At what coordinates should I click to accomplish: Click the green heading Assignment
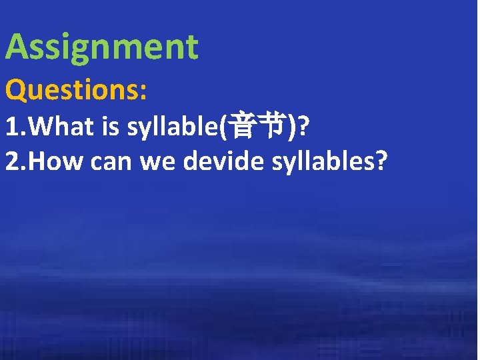(x=102, y=48)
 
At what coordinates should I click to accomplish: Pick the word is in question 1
(x=111, y=127)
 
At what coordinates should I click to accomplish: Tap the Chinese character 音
(x=241, y=127)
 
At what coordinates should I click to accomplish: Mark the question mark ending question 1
(x=303, y=127)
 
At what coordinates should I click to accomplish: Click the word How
(x=54, y=161)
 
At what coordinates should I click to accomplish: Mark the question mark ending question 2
(x=381, y=161)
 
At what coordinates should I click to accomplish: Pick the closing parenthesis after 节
(x=291, y=127)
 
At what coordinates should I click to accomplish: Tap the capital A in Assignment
(x=18, y=48)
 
